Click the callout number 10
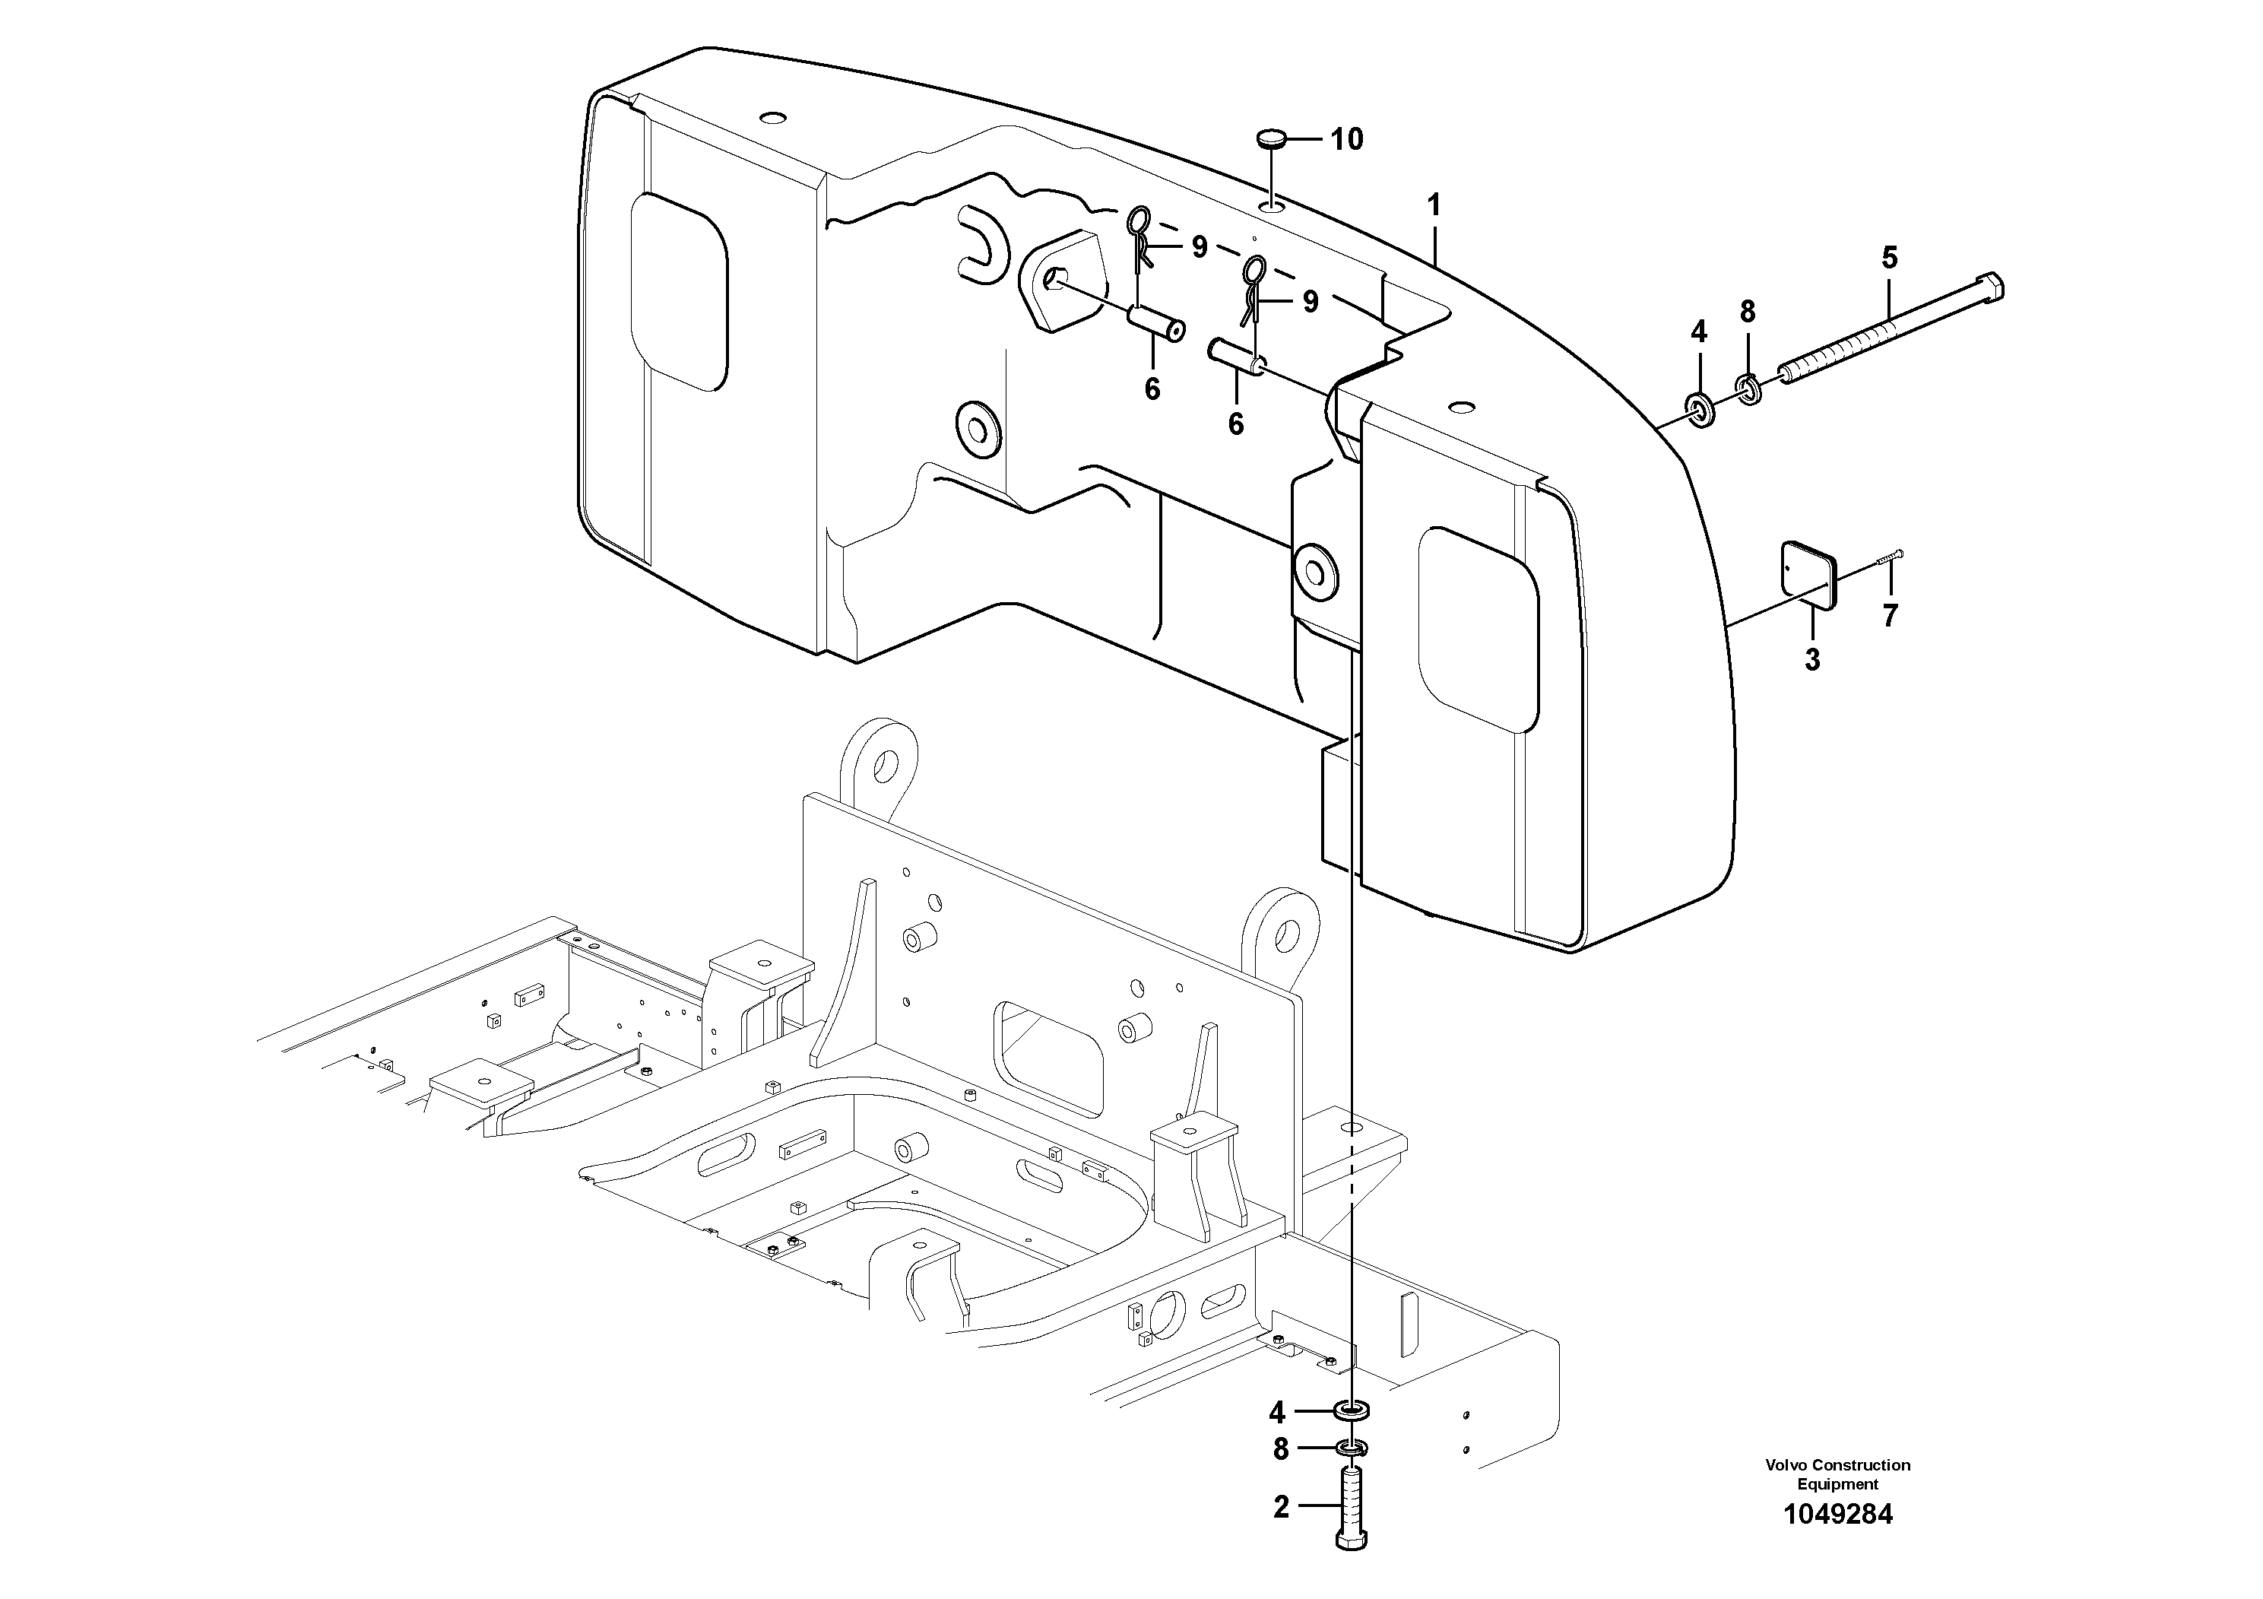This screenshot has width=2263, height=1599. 1346,140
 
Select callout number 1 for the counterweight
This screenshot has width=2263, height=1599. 1434,206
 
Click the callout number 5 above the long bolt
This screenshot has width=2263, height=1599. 1888,259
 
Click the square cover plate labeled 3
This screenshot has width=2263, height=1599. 1811,574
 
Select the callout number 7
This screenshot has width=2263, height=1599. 1890,616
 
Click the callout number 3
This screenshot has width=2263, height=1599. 1811,659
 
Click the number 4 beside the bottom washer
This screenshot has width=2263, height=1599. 1276,1413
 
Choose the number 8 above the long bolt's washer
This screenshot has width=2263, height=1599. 1748,313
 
